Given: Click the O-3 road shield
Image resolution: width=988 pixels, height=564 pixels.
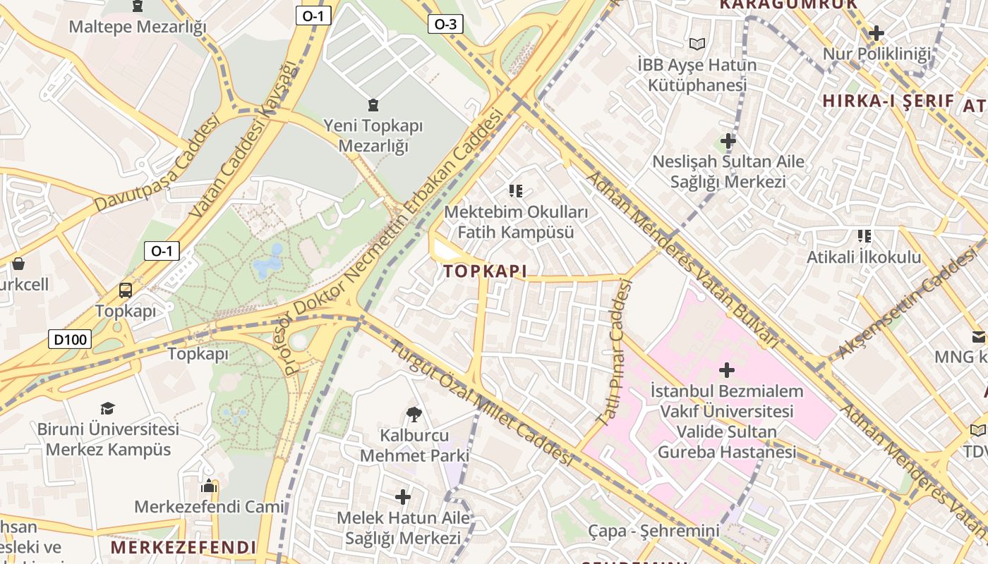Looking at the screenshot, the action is point(445,25).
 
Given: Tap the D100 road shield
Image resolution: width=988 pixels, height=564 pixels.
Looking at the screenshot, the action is point(71,340).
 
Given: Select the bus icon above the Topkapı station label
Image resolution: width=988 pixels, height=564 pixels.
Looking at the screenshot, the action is point(126,290).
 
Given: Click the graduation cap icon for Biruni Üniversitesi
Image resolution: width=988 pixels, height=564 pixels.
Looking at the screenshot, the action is point(107,408).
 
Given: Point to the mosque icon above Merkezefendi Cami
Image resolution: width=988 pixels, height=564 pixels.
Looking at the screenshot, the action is point(208,486).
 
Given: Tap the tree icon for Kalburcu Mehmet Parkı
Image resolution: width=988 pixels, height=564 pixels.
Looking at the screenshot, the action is point(414,414).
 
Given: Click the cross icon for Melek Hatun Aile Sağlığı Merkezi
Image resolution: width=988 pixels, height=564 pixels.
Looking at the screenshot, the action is point(403,498).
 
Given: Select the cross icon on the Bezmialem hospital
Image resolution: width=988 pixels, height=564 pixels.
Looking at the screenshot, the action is point(726,369).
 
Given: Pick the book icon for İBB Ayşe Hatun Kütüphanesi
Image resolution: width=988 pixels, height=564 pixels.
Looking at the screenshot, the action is point(697,44).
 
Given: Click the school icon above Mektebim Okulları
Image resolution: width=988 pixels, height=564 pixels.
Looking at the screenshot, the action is point(516,190).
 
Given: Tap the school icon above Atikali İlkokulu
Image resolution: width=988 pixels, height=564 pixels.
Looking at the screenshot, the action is point(864,236).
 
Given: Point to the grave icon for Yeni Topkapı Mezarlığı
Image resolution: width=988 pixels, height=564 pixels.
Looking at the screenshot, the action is point(373,105).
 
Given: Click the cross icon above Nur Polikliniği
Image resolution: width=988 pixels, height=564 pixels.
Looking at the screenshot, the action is point(876,33).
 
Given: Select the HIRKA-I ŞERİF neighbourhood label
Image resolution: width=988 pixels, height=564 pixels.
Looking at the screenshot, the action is point(888,101).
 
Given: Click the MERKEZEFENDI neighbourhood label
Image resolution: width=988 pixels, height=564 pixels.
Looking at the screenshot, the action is point(183,548).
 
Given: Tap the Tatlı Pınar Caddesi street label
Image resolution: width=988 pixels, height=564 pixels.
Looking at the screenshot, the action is point(614,352).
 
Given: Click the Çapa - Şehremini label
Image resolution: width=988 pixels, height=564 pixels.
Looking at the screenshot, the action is point(653,531).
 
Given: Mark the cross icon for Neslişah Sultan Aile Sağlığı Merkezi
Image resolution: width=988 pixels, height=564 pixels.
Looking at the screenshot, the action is point(728,140).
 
